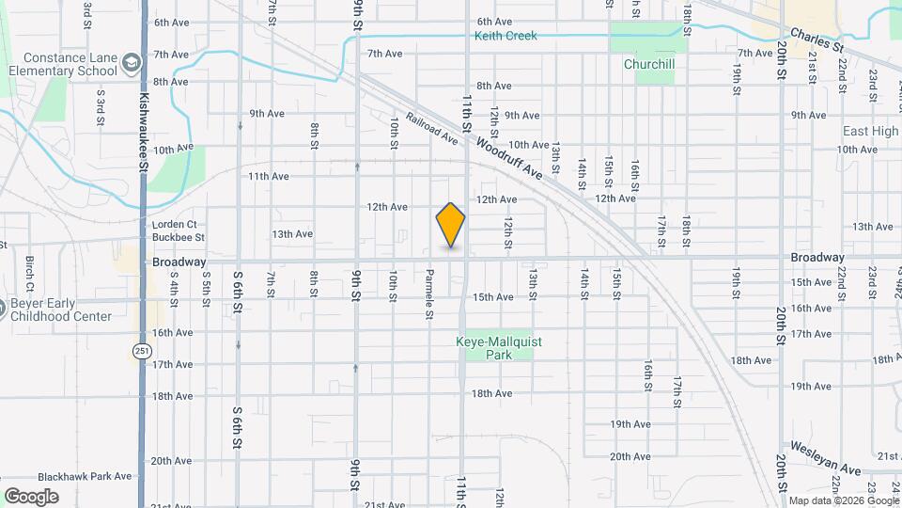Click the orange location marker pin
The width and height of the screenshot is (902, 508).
[x=451, y=225]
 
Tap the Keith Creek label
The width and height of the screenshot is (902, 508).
[x=505, y=36]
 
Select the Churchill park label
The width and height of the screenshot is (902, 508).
[x=649, y=65]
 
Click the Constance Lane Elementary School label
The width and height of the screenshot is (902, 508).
[x=59, y=63]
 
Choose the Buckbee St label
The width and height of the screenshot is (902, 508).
[x=179, y=238]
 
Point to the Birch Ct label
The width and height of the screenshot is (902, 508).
[x=31, y=274]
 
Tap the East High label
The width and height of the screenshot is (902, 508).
[x=870, y=131]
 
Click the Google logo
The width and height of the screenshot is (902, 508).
[x=32, y=496]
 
